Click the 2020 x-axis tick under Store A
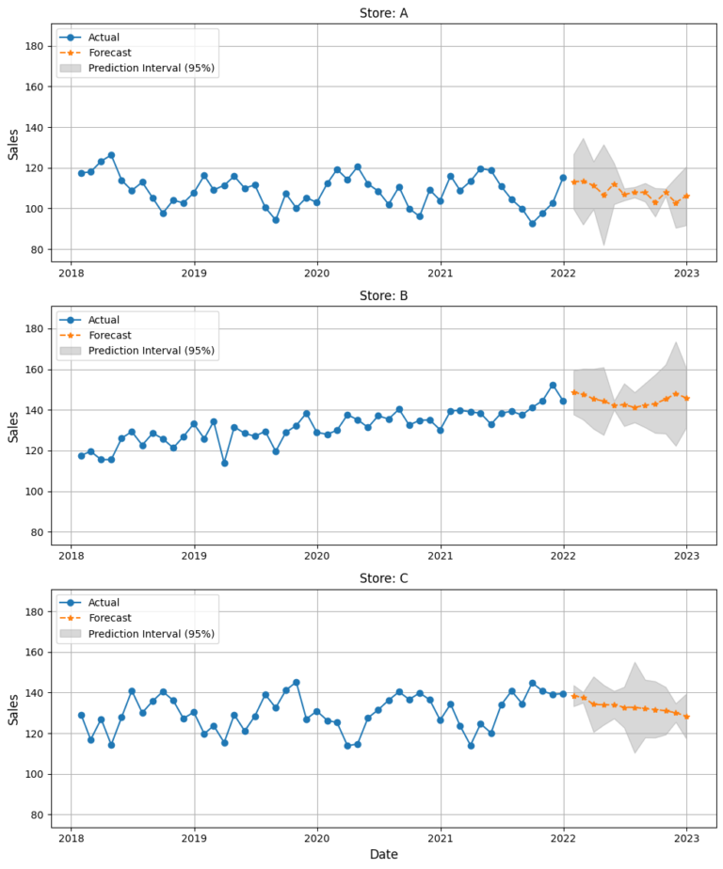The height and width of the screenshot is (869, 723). click(x=317, y=268)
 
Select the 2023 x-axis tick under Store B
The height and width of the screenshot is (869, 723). click(x=687, y=550)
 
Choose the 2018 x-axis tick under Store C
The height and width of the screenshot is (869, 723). click(x=71, y=833)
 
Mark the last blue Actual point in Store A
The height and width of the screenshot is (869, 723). click(x=563, y=177)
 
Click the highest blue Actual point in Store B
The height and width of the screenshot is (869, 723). click(x=553, y=385)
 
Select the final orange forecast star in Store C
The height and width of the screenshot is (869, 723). click(x=687, y=717)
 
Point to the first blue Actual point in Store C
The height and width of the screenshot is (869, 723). click(x=81, y=715)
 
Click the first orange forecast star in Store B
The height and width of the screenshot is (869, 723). click(x=573, y=392)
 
